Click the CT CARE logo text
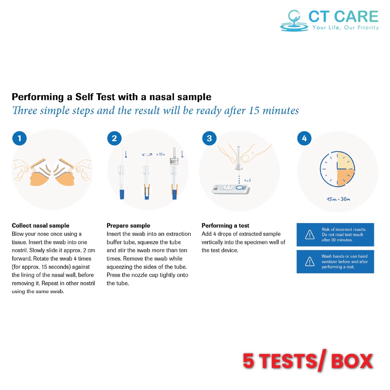tap(344, 16)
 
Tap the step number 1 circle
tap(19, 138)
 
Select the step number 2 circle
tap(114, 138)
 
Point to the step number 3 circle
tap(209, 138)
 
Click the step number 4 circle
tap(304, 138)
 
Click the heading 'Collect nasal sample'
tap(40, 225)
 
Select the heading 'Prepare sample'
tap(128, 225)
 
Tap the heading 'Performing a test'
tap(225, 225)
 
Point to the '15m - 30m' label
tap(338, 199)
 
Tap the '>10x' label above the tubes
tap(160, 155)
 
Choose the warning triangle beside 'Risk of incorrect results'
tap(310, 235)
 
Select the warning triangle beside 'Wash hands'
tap(310, 261)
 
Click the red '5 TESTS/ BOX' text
tap(308, 361)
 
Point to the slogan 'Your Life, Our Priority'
tap(346, 27)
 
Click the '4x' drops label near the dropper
tap(248, 180)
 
